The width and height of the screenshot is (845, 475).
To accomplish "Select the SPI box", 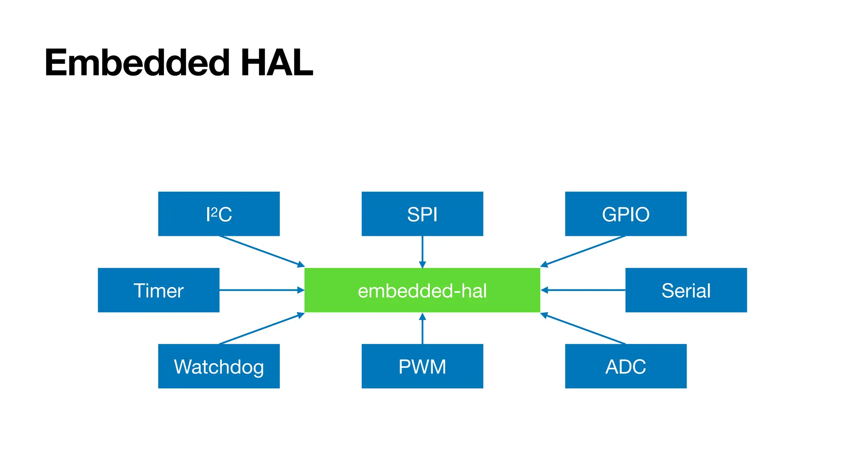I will (x=422, y=214).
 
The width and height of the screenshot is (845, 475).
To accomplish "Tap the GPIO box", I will (x=625, y=214).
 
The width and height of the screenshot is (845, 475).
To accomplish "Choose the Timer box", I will (x=158, y=290).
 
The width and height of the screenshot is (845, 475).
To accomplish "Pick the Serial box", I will (x=686, y=290).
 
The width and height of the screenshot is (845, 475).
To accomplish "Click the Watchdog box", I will (x=219, y=366).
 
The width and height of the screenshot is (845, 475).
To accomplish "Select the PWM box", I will (x=422, y=366).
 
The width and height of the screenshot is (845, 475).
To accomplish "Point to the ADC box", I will (x=625, y=366).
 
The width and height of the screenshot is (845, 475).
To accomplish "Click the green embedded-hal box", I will (x=422, y=290).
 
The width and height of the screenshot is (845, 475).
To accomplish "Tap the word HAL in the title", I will (x=276, y=63).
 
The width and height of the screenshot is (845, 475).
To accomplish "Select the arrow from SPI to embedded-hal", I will (x=422, y=252).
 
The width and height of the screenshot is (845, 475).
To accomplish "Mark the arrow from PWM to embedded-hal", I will (x=422, y=329).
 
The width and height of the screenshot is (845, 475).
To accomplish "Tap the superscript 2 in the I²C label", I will (x=214, y=211).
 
